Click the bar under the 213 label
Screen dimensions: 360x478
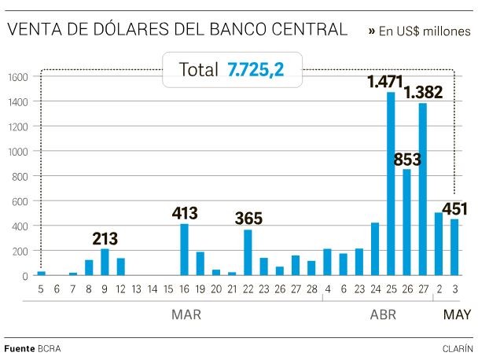pyautogui.click(x=105, y=263)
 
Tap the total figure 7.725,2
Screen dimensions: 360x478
pyautogui.click(x=256, y=70)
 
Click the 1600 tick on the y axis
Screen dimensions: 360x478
pyautogui.click(x=17, y=77)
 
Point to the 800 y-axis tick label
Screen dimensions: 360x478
pyautogui.click(x=19, y=176)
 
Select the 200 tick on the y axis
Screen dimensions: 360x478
pyautogui.click(x=19, y=251)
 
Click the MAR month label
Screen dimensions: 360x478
pyautogui.click(x=186, y=315)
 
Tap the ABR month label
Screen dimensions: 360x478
pyautogui.click(x=383, y=315)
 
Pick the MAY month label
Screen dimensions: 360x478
pyautogui.click(x=457, y=315)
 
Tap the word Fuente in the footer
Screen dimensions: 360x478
pyautogui.click(x=19, y=347)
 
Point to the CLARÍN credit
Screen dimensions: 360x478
pyautogui.click(x=457, y=347)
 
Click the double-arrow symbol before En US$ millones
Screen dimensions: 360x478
pyautogui.click(x=371, y=31)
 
